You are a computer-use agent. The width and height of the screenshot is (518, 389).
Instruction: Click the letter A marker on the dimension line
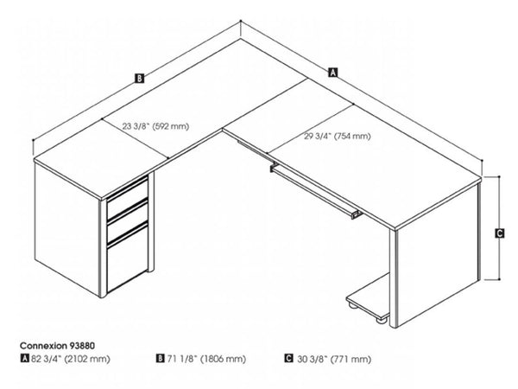click(332, 72)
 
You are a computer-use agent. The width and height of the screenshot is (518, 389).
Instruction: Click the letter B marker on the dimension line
click(138, 79)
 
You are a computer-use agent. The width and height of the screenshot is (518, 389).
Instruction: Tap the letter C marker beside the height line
click(500, 233)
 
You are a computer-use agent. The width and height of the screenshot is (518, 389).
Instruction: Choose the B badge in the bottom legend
click(160, 357)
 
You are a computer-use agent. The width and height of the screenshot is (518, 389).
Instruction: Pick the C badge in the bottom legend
click(287, 357)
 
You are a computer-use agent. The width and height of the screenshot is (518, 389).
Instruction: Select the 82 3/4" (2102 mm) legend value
click(78, 357)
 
